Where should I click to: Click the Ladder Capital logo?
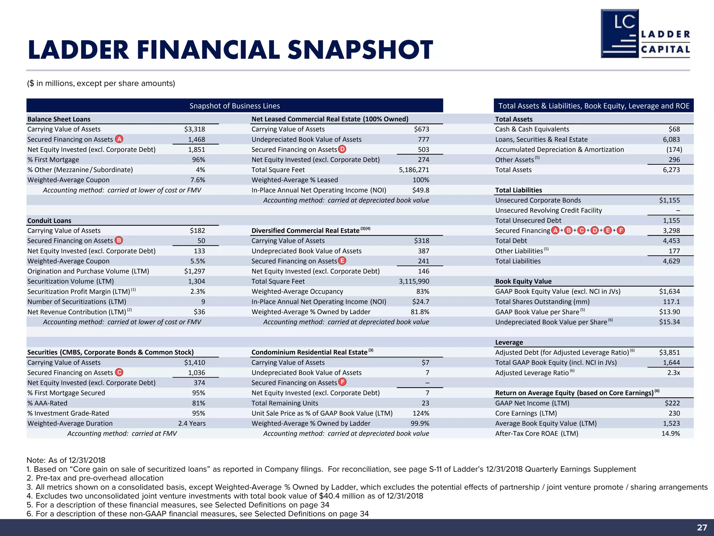point(645,34)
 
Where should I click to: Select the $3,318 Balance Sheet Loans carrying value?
point(195,129)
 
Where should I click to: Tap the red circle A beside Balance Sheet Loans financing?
point(119,139)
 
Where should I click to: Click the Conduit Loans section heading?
point(49,221)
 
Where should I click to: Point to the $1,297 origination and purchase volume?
point(195,271)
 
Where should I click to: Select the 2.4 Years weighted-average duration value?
point(192,423)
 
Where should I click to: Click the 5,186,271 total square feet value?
point(414,170)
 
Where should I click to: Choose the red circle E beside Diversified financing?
point(342,261)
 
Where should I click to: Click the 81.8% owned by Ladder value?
point(420,312)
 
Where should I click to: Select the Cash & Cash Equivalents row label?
point(532,129)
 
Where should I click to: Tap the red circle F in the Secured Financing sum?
point(621,230)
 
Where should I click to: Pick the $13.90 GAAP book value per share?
point(669,312)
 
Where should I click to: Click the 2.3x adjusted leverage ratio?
point(674,373)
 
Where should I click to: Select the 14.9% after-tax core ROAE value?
point(670,433)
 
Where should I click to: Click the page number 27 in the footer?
point(702,527)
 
